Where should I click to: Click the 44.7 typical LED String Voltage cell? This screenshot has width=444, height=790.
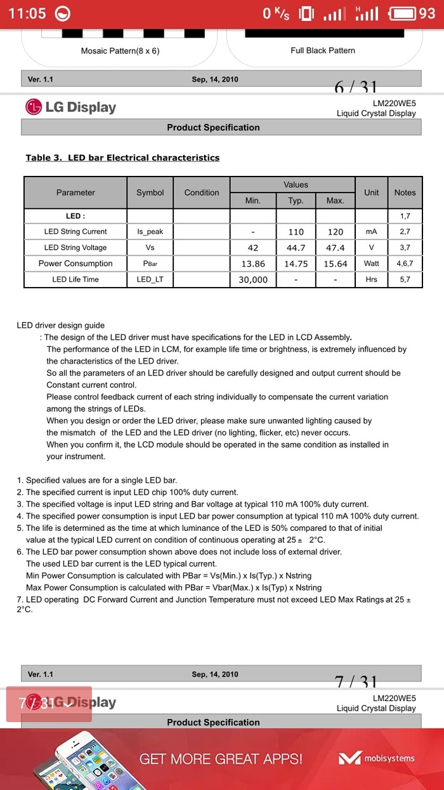pyautogui.click(x=296, y=248)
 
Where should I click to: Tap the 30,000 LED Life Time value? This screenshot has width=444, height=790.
pyautogui.click(x=252, y=279)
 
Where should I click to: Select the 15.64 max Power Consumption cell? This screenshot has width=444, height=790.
pyautogui.click(x=336, y=264)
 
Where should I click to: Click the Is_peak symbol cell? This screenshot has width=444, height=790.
pyautogui.click(x=150, y=232)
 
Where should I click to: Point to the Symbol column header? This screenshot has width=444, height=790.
pyautogui.click(x=150, y=192)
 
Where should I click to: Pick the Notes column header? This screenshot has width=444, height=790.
pyautogui.click(x=405, y=192)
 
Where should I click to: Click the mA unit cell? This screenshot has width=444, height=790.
pyautogui.click(x=371, y=232)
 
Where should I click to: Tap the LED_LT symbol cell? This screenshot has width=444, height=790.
pyautogui.click(x=150, y=279)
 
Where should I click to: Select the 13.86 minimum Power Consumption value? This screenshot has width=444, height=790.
pyautogui.click(x=252, y=264)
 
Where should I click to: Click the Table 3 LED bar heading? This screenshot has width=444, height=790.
pyautogui.click(x=122, y=157)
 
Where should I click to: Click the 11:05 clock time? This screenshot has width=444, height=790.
pyautogui.click(x=27, y=13)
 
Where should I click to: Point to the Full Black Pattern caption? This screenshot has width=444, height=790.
pyautogui.click(x=323, y=50)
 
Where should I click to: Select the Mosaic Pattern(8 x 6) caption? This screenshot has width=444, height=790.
pyautogui.click(x=120, y=50)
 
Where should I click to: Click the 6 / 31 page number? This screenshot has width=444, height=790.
pyautogui.click(x=355, y=88)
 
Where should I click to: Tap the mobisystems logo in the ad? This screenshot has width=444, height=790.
pyautogui.click(x=376, y=758)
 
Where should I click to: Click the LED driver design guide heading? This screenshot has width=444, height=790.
pyautogui.click(x=61, y=325)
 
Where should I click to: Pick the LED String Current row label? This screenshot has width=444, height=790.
pyautogui.click(x=75, y=232)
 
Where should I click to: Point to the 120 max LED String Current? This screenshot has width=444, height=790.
pyautogui.click(x=336, y=232)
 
